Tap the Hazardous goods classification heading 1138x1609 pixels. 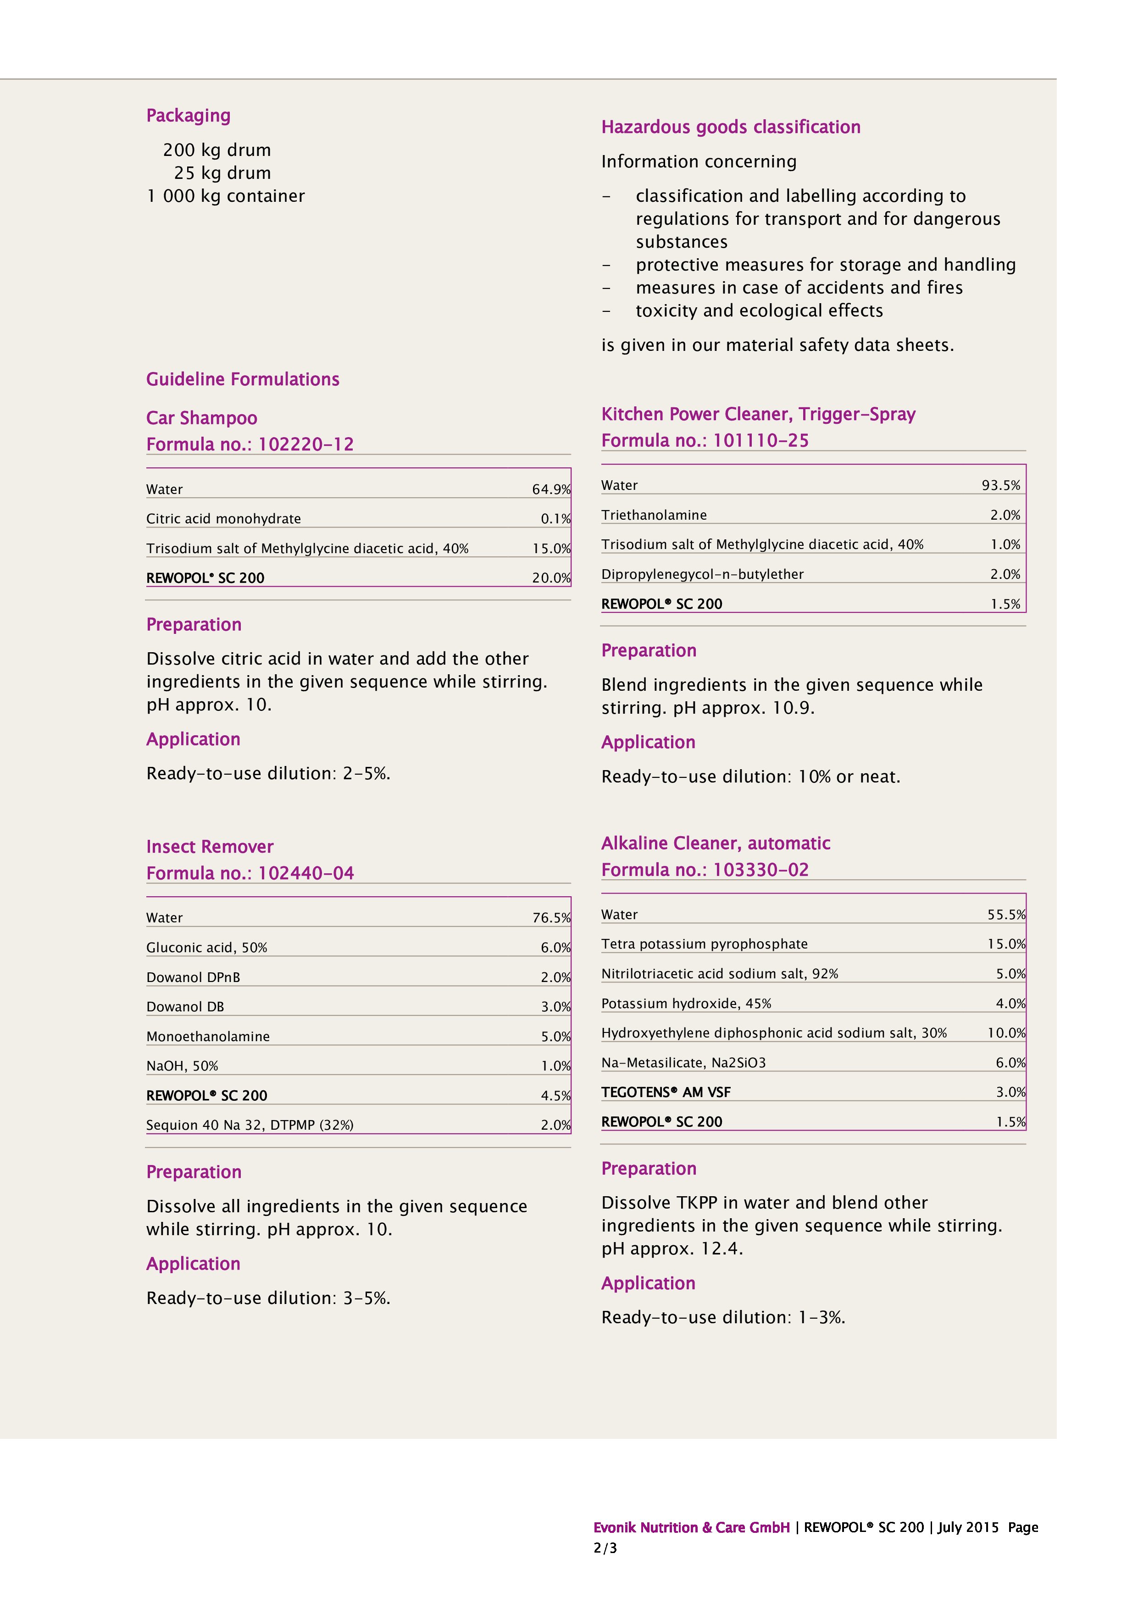click(x=730, y=127)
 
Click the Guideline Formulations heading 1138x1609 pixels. click(x=243, y=379)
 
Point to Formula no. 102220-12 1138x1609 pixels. click(x=250, y=444)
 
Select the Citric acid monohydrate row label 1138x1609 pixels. click(x=223, y=519)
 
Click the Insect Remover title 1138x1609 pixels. click(x=210, y=847)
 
